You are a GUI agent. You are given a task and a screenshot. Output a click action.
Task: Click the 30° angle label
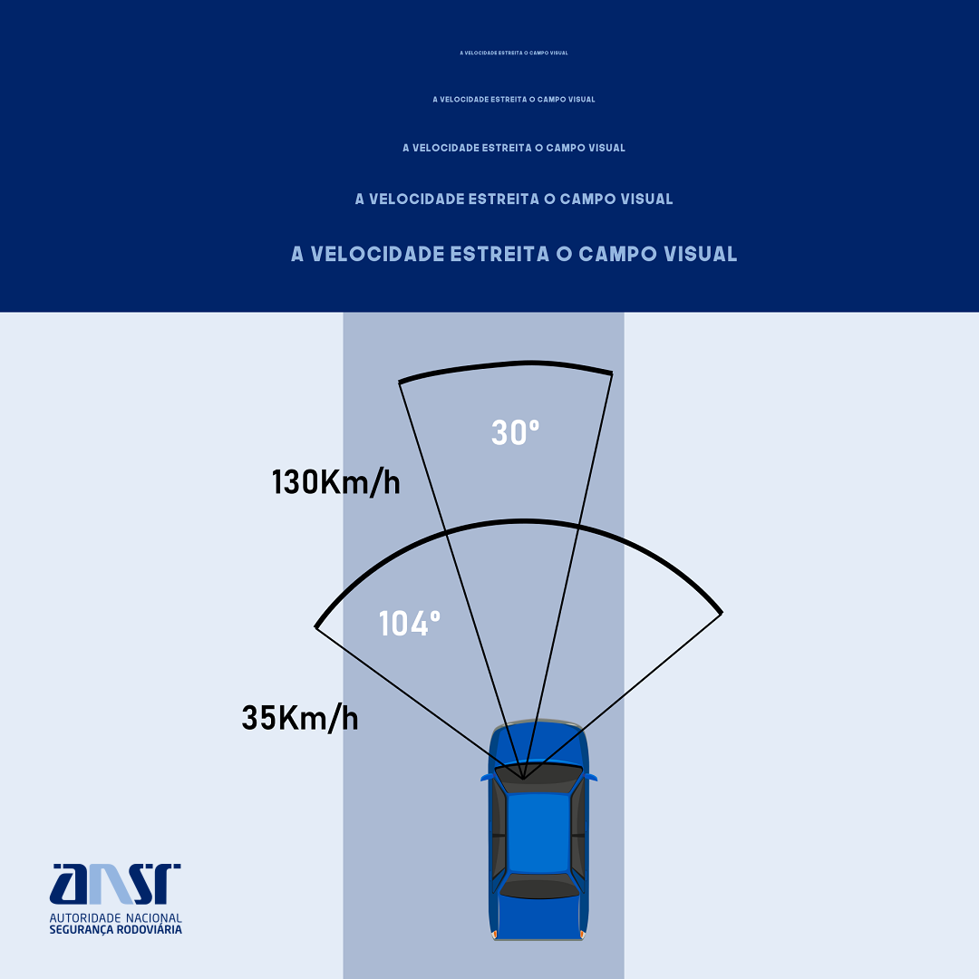click(515, 432)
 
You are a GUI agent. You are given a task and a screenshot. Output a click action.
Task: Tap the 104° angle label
click(409, 624)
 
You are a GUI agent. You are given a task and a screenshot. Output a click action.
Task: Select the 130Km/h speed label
click(335, 482)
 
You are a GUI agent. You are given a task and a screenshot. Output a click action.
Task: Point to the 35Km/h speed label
click(299, 718)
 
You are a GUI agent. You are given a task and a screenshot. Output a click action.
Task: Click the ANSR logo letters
click(115, 884)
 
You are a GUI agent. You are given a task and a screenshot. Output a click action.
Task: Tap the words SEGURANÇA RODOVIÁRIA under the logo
click(115, 929)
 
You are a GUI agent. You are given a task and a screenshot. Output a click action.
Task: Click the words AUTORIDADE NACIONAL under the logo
click(115, 917)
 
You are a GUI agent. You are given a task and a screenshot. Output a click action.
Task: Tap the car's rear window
click(539, 887)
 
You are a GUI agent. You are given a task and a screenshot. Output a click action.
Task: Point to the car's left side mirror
click(487, 777)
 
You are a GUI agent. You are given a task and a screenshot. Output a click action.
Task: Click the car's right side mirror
click(591, 777)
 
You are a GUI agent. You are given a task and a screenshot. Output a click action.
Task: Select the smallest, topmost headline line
click(514, 53)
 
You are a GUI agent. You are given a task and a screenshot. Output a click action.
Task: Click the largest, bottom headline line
click(514, 254)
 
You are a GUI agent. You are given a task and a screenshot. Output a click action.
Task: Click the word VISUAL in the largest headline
click(699, 254)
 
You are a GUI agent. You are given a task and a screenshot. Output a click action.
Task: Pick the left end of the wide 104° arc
click(316, 625)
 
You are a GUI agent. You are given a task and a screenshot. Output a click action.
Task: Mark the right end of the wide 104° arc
click(722, 613)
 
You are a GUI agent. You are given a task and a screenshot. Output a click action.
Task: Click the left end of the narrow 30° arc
click(400, 382)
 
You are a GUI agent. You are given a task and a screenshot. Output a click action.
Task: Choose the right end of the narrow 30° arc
click(612, 373)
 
